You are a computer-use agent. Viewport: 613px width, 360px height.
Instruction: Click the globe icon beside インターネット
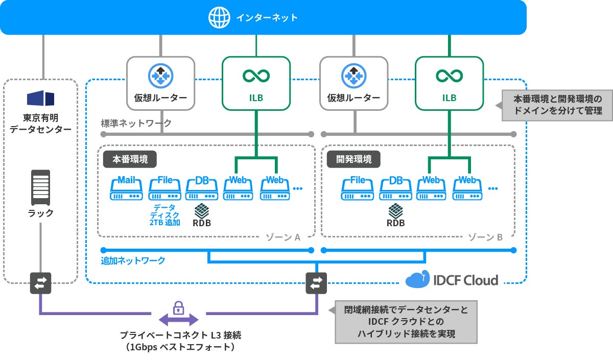click(220, 17)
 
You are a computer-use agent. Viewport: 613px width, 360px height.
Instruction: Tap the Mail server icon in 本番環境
click(126, 189)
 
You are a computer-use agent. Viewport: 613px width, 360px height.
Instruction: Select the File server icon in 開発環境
click(358, 189)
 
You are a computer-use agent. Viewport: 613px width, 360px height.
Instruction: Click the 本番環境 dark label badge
click(130, 159)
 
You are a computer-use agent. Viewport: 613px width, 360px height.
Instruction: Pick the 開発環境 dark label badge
click(353, 159)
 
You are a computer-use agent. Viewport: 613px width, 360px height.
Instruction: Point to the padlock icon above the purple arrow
click(178, 307)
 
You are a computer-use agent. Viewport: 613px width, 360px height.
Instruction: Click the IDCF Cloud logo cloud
click(417, 279)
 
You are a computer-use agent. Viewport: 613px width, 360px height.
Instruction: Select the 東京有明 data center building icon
click(40, 98)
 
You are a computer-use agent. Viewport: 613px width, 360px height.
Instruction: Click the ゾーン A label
click(282, 237)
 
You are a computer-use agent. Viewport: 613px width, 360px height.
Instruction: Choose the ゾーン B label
click(485, 237)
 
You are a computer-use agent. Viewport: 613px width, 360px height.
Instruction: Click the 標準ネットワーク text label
click(136, 123)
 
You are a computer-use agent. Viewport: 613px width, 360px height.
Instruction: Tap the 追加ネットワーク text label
click(133, 260)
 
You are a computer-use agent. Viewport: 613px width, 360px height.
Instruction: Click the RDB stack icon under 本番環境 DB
click(202, 210)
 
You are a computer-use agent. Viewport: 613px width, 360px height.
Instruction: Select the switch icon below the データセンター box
click(40, 283)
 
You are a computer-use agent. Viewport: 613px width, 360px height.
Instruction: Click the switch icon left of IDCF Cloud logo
click(316, 283)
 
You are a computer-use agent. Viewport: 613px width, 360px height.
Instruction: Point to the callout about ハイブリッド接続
click(406, 322)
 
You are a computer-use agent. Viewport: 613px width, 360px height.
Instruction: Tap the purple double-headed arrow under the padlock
click(178, 321)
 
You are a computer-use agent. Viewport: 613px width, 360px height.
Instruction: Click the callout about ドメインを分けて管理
click(557, 106)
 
